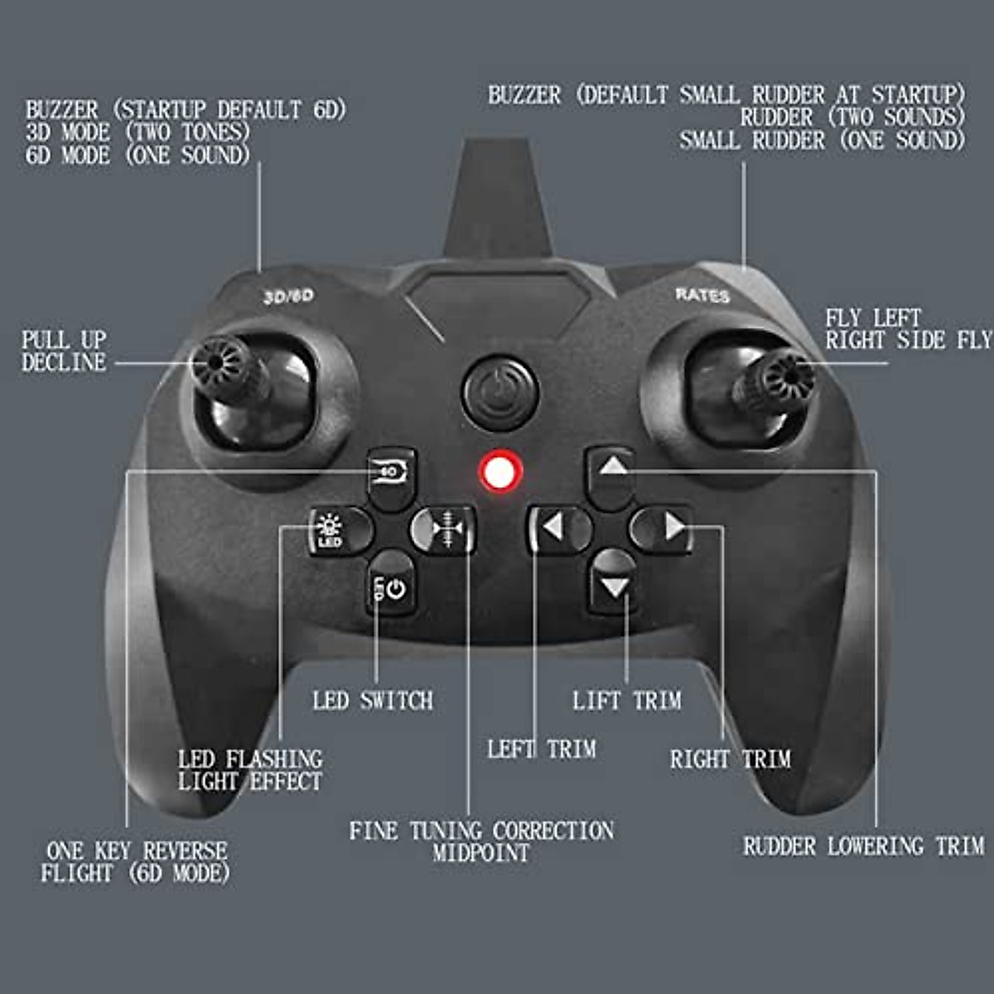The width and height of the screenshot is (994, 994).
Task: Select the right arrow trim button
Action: click(x=665, y=527)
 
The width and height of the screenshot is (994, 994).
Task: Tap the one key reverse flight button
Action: click(x=391, y=474)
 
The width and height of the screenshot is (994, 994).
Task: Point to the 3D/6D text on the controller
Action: click(x=288, y=297)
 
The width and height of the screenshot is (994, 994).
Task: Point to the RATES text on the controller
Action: click(x=702, y=295)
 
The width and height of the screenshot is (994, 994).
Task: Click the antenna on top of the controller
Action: click(x=498, y=199)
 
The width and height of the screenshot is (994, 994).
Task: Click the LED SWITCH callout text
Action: click(x=373, y=701)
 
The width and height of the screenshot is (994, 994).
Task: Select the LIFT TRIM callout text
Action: click(x=627, y=701)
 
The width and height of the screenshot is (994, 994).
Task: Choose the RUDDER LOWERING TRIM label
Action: click(x=863, y=847)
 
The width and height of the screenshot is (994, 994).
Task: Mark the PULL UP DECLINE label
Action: click(x=65, y=351)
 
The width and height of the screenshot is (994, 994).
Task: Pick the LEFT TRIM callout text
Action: click(x=542, y=750)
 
